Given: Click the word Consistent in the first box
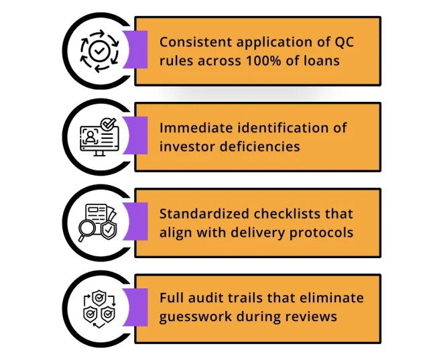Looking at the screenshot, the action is point(196,42).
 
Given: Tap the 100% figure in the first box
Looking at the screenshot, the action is point(263,60).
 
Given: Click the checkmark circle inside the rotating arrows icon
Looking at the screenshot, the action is point(99,51).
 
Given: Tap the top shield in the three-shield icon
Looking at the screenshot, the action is point(99,298).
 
